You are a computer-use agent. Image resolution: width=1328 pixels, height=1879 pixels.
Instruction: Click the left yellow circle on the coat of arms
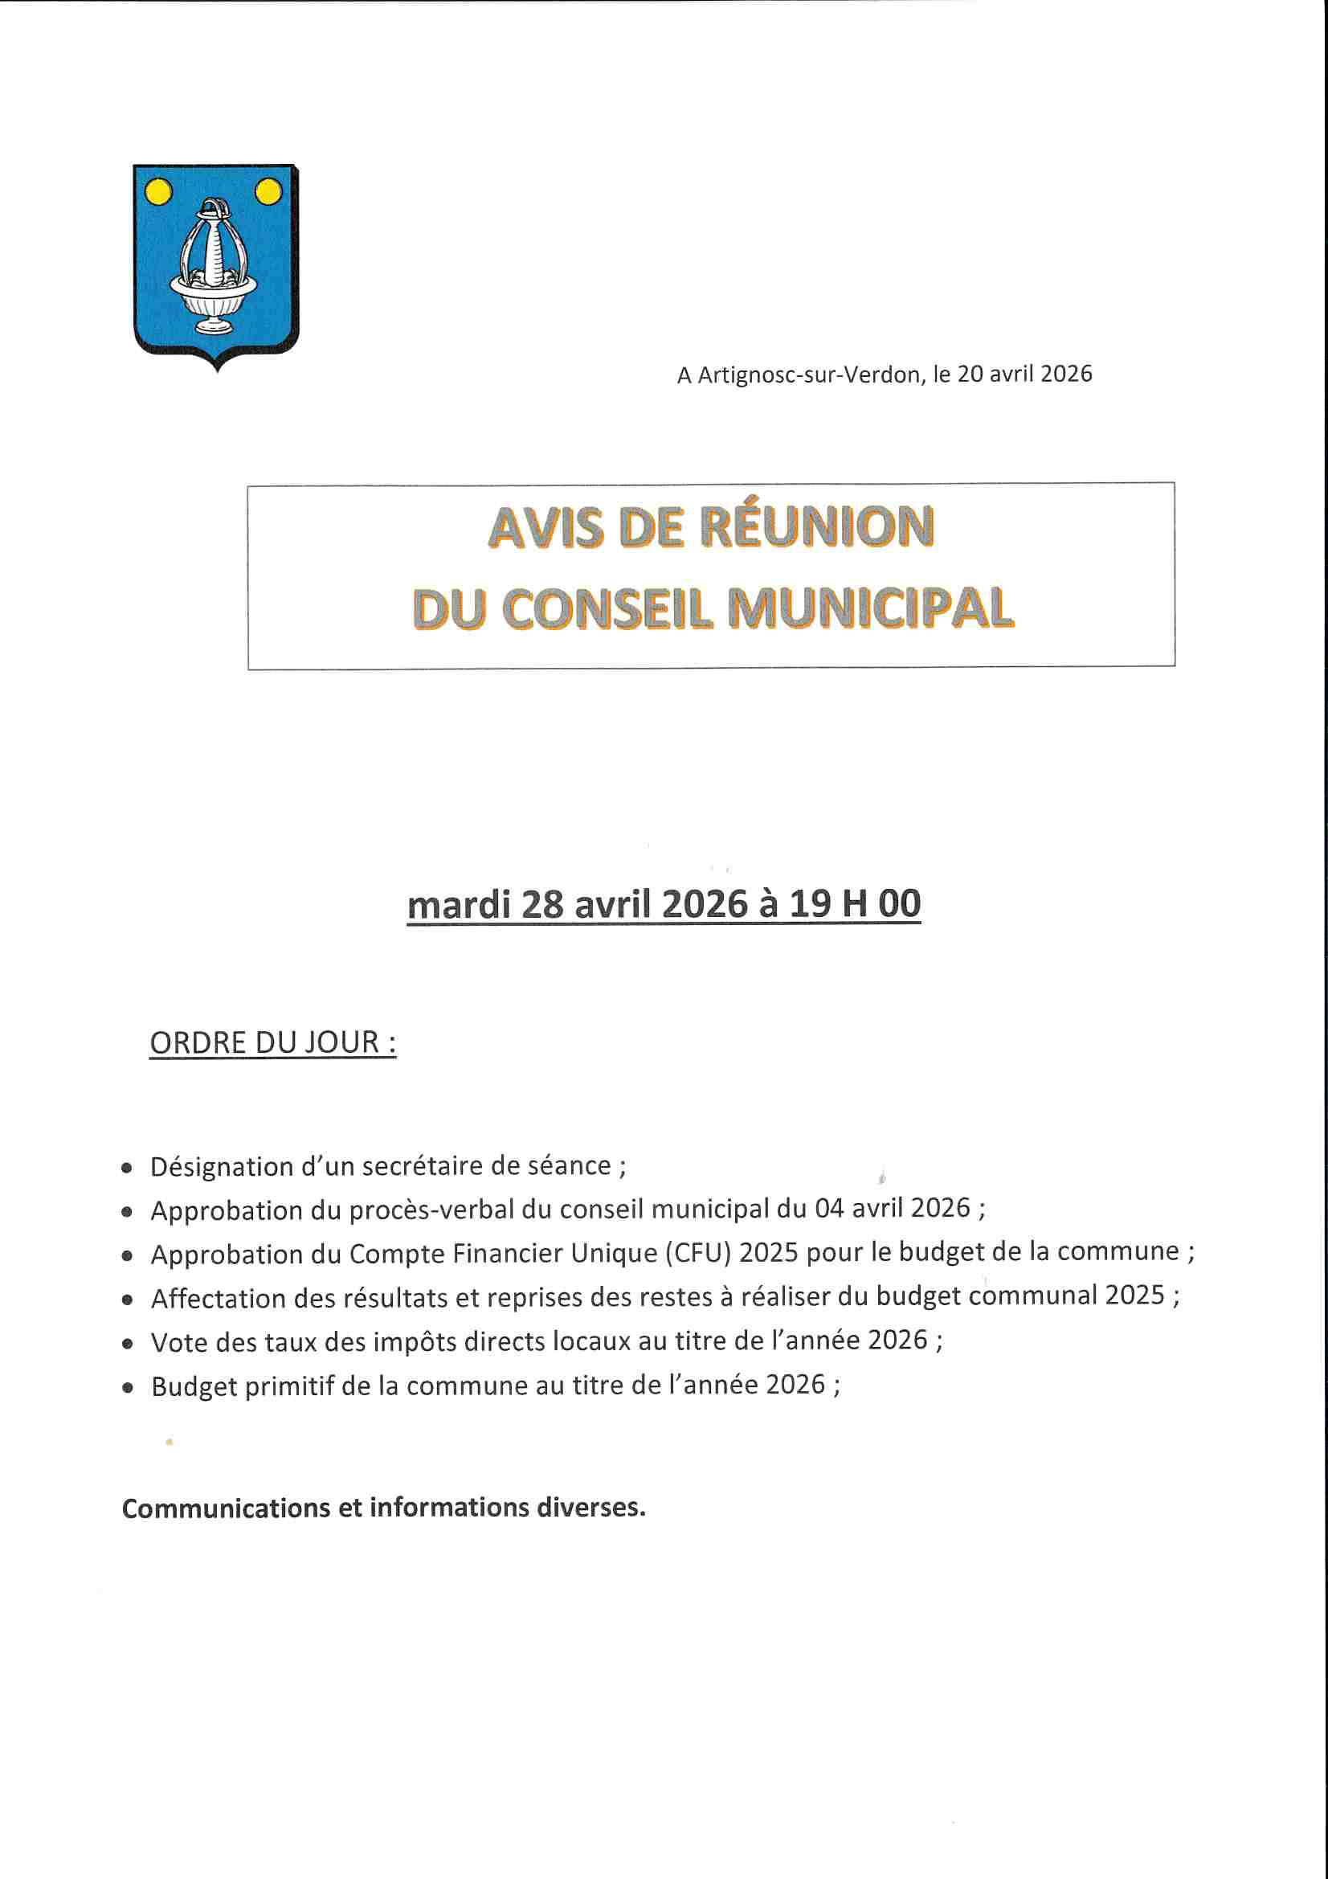[158, 192]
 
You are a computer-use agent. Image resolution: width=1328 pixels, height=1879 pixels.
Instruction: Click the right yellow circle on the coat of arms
[268, 192]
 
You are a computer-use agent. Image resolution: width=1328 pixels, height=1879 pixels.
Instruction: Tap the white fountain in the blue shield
[213, 266]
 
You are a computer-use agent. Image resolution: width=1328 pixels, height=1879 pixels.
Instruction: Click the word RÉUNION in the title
[817, 526]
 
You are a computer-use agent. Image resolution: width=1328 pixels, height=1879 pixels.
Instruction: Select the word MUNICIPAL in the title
[871, 609]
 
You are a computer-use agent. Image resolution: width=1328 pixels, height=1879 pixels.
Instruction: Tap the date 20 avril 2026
[1024, 374]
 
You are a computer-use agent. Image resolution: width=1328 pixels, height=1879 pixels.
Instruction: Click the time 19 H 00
[855, 903]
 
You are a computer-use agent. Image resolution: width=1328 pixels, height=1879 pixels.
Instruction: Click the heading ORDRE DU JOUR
[272, 1042]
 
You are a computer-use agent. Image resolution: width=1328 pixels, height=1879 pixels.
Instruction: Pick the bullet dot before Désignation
[127, 1169]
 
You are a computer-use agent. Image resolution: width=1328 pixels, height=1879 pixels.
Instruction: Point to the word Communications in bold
[226, 1508]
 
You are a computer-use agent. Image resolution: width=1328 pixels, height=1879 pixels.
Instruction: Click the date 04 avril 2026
[892, 1208]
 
